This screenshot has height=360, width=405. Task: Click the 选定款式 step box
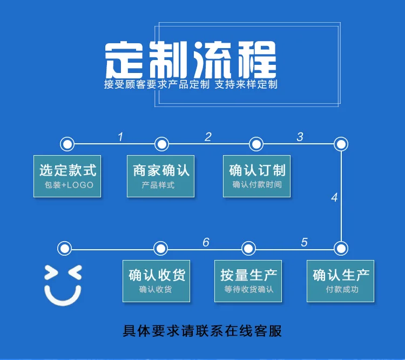[x=67, y=176]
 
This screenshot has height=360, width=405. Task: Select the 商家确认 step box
[x=161, y=176]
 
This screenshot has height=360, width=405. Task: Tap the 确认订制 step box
[x=256, y=176]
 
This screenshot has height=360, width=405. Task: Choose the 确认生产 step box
[x=340, y=281]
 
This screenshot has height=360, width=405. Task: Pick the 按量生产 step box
[x=248, y=281]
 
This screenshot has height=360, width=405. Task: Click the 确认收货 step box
[x=156, y=281]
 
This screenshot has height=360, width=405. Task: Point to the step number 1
[x=120, y=137]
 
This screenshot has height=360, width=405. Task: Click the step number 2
[x=208, y=137]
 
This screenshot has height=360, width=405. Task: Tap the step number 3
[x=300, y=137]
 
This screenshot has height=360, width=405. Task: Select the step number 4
[x=334, y=197]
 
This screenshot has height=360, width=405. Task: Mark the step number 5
[x=304, y=242]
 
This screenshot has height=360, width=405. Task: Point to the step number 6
[x=206, y=242]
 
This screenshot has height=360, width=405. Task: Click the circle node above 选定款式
[x=67, y=144]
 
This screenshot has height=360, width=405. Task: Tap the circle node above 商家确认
[x=161, y=144]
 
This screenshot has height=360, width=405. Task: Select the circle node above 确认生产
[x=341, y=249]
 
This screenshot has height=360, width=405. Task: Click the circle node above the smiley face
[x=65, y=249]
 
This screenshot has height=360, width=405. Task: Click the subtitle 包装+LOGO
[x=69, y=185]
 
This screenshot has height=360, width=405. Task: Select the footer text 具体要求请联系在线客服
[x=202, y=331]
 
